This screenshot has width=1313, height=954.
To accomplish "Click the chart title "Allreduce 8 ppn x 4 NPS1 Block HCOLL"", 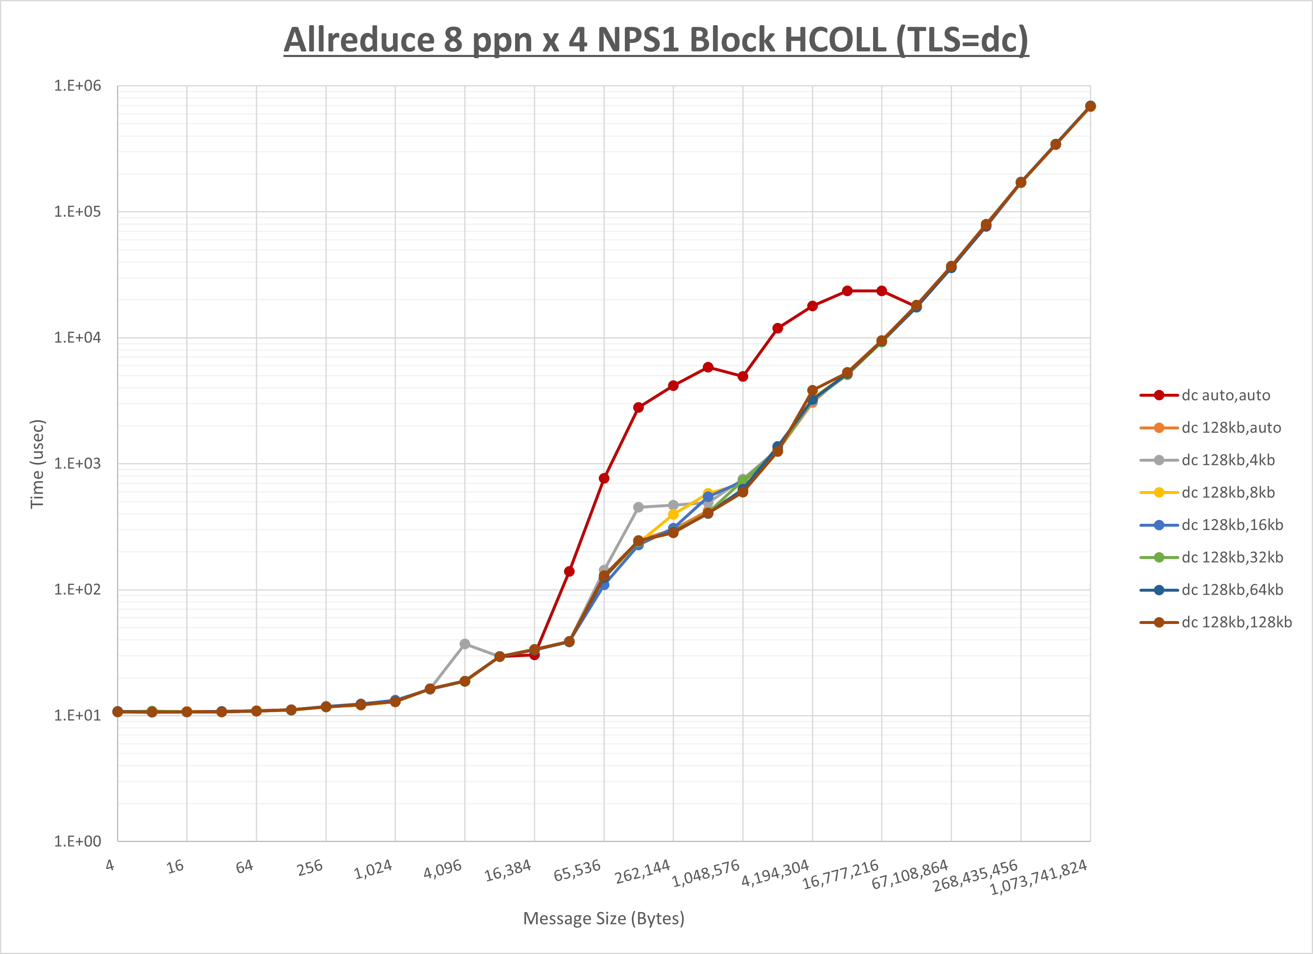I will [656, 41].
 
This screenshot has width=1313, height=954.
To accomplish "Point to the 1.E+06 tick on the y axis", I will [78, 86].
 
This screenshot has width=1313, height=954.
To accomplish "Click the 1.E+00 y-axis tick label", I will [78, 841].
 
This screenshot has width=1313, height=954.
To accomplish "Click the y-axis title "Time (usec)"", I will [37, 464].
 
